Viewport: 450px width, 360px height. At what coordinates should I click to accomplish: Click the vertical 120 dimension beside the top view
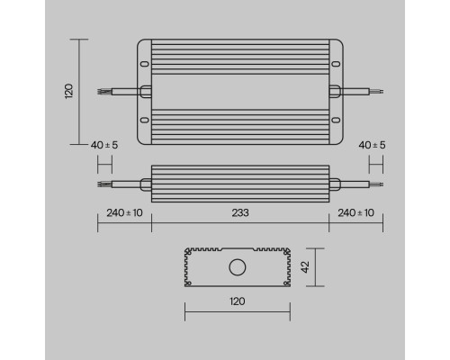tap(68, 90)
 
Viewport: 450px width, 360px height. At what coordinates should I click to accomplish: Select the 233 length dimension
tap(239, 212)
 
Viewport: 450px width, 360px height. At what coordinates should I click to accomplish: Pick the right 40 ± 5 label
tap(373, 146)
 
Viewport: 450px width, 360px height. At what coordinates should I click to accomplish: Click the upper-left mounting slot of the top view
tap(144, 63)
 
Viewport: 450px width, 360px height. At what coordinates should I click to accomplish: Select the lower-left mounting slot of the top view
tap(144, 118)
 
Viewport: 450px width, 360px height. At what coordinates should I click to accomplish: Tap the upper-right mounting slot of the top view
tap(335, 63)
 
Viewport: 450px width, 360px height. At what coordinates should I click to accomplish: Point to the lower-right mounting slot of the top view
tap(335, 118)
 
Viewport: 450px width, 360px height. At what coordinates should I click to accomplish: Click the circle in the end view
tap(238, 266)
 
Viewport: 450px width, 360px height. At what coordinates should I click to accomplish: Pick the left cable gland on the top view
tap(145, 90)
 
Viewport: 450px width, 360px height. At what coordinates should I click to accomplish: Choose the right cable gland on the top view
tap(334, 90)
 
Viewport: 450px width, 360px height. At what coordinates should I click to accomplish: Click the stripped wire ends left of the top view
tap(104, 90)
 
